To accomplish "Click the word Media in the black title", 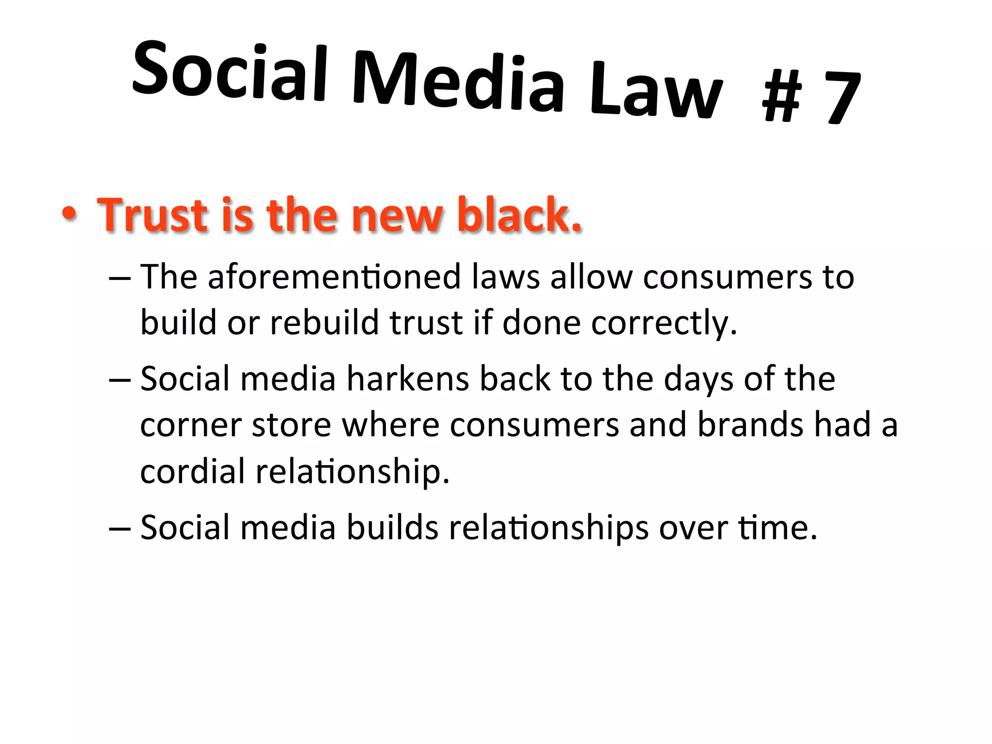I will [x=458, y=81].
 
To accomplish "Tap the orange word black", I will [x=519, y=214].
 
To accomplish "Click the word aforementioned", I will [x=334, y=278].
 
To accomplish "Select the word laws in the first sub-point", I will [x=505, y=278].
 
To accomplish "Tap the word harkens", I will [x=407, y=379].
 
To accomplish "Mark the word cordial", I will [x=192, y=471].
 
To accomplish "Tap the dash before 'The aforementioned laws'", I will [x=120, y=279].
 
